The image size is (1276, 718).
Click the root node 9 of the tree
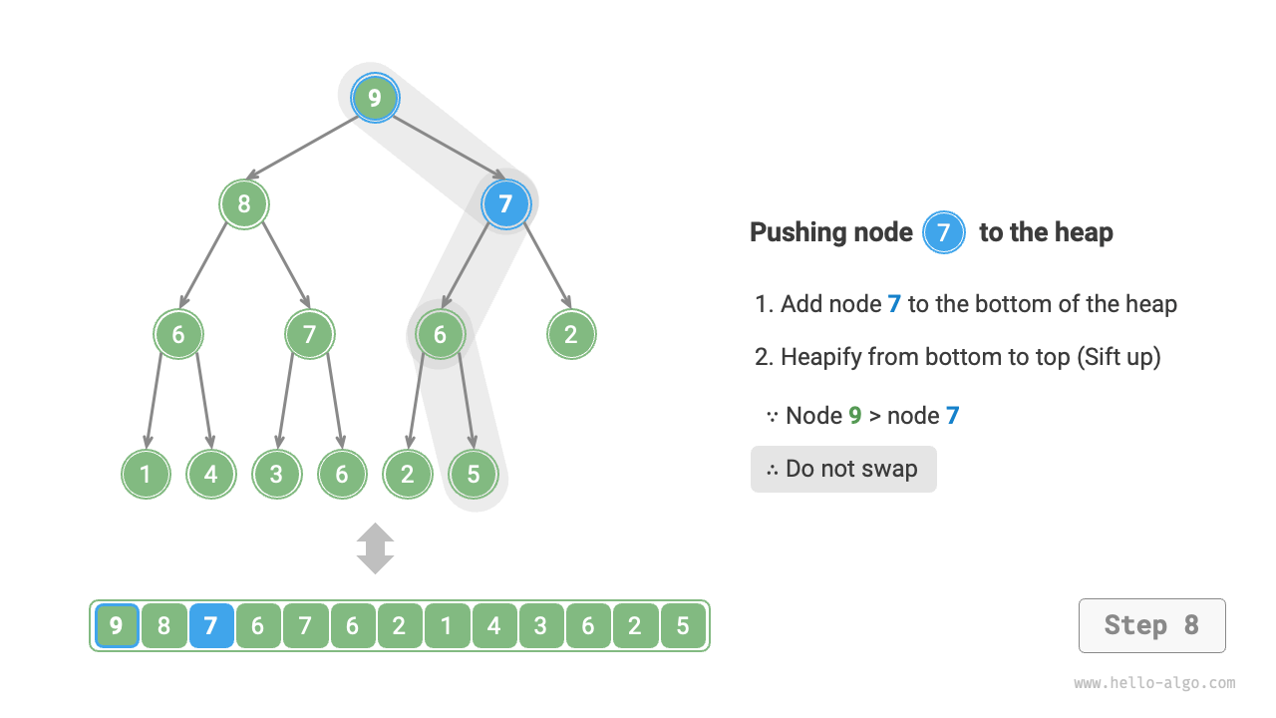click(x=375, y=98)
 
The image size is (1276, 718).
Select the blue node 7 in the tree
click(x=505, y=204)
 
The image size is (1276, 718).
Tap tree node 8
click(x=244, y=204)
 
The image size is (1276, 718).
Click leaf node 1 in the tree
click(x=146, y=474)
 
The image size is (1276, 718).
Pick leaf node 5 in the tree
click(x=473, y=474)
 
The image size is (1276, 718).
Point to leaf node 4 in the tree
click(x=210, y=474)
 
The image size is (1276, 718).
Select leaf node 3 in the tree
click(x=276, y=474)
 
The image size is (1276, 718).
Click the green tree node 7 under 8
click(x=309, y=334)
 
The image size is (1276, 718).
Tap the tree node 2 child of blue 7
click(x=571, y=334)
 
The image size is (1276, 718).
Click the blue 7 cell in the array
click(x=211, y=626)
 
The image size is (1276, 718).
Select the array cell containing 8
click(x=164, y=626)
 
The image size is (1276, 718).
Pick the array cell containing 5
click(x=683, y=626)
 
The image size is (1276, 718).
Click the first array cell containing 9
click(x=117, y=626)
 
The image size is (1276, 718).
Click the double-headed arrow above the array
click(x=376, y=548)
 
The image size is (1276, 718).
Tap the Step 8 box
click(x=1151, y=625)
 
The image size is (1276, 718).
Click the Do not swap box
click(x=843, y=469)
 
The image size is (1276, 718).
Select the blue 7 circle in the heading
click(x=944, y=233)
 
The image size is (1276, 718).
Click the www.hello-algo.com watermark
click(x=1154, y=683)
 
